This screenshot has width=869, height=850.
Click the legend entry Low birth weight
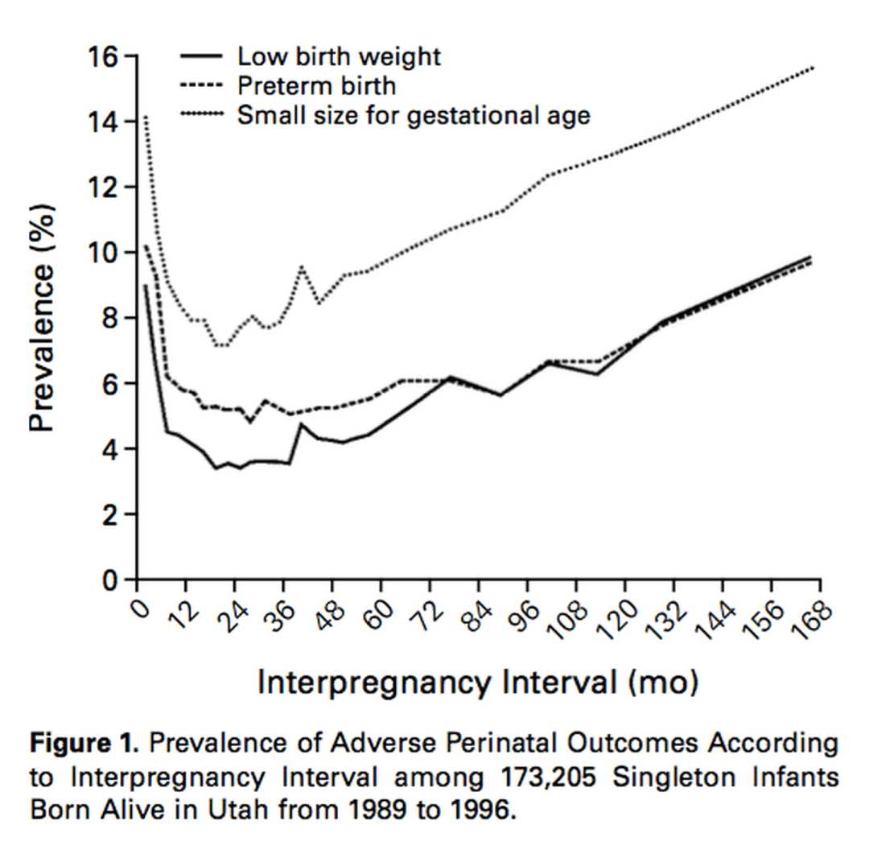339,56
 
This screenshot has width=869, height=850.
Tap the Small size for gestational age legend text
414,115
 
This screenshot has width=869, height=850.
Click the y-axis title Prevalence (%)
44,317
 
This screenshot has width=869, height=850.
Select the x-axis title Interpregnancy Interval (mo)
477,683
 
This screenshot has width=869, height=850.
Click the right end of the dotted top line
813,68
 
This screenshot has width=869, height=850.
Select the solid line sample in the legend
201,56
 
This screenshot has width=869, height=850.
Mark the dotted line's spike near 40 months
302,266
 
